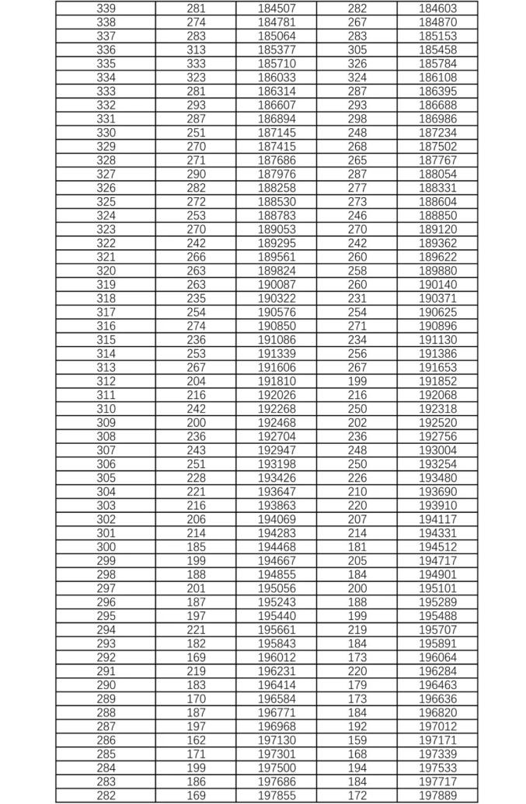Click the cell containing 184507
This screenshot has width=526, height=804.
277,9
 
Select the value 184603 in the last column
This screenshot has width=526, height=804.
437,9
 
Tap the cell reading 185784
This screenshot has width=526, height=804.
437,64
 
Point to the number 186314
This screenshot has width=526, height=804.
277,92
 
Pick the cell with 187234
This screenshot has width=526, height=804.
437,133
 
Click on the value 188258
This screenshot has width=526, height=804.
277,188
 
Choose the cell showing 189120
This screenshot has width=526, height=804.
437,230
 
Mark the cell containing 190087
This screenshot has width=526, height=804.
277,285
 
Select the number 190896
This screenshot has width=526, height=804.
437,326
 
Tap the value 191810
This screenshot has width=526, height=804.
277,381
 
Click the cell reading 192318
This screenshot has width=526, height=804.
437,409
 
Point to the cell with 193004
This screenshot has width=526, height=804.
437,450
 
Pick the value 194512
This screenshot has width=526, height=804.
437,547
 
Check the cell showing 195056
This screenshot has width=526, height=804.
277,588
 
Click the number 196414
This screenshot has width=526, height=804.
277,685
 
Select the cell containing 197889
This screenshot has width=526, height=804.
437,795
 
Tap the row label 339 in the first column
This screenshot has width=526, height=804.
106,9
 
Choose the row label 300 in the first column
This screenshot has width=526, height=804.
106,547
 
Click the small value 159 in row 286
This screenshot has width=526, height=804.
357,740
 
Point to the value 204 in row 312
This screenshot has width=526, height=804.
197,381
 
